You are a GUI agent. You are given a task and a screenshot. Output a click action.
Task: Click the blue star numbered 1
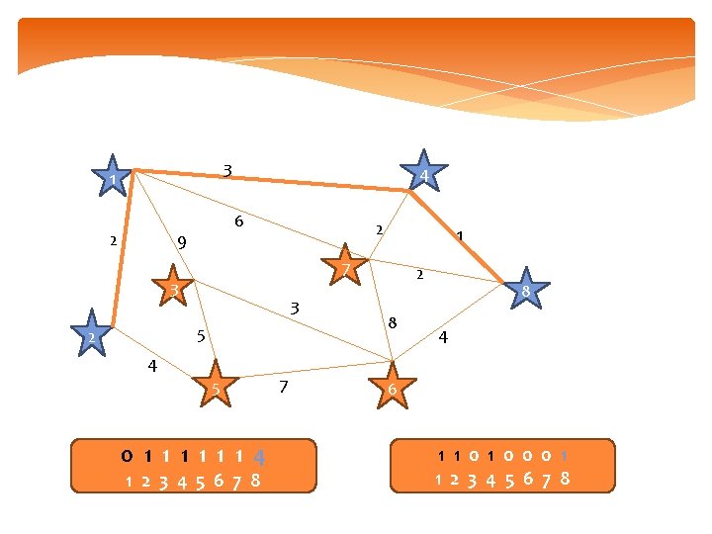tap(114, 179)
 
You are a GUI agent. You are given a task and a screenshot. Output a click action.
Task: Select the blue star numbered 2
tap(91, 336)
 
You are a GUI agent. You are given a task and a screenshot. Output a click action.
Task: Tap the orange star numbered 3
tap(173, 288)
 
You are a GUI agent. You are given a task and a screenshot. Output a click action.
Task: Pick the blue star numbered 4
tap(423, 174)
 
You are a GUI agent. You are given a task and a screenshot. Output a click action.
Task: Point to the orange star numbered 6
tap(392, 388)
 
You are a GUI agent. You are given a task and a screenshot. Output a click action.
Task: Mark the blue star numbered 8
tap(525, 291)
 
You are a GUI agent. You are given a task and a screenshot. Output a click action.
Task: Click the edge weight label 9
tap(182, 241)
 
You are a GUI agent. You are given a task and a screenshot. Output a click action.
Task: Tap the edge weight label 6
tap(238, 222)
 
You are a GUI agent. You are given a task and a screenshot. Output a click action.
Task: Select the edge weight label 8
tap(393, 322)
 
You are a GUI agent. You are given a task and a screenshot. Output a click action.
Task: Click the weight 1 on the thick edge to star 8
tap(459, 236)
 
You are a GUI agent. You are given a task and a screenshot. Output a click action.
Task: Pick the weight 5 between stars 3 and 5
tap(200, 336)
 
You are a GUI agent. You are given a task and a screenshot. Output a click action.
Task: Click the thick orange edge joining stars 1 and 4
tap(277, 179)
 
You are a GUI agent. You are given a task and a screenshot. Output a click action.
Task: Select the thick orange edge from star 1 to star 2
tap(123, 252)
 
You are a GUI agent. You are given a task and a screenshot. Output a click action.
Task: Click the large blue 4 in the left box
tap(258, 459)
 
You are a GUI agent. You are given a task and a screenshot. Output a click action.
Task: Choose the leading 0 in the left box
tap(127, 457)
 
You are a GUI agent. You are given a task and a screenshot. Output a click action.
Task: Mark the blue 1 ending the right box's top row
tap(564, 457)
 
